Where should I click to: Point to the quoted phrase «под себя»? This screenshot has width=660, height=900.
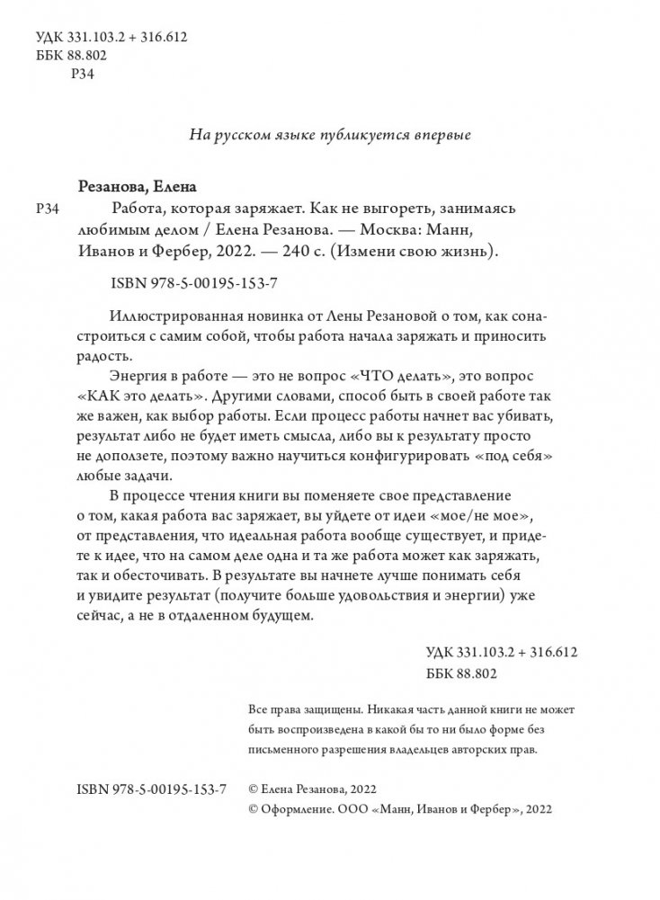[513, 457]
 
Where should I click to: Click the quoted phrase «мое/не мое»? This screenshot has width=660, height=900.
[485, 515]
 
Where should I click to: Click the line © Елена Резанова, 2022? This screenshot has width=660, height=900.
[309, 788]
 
